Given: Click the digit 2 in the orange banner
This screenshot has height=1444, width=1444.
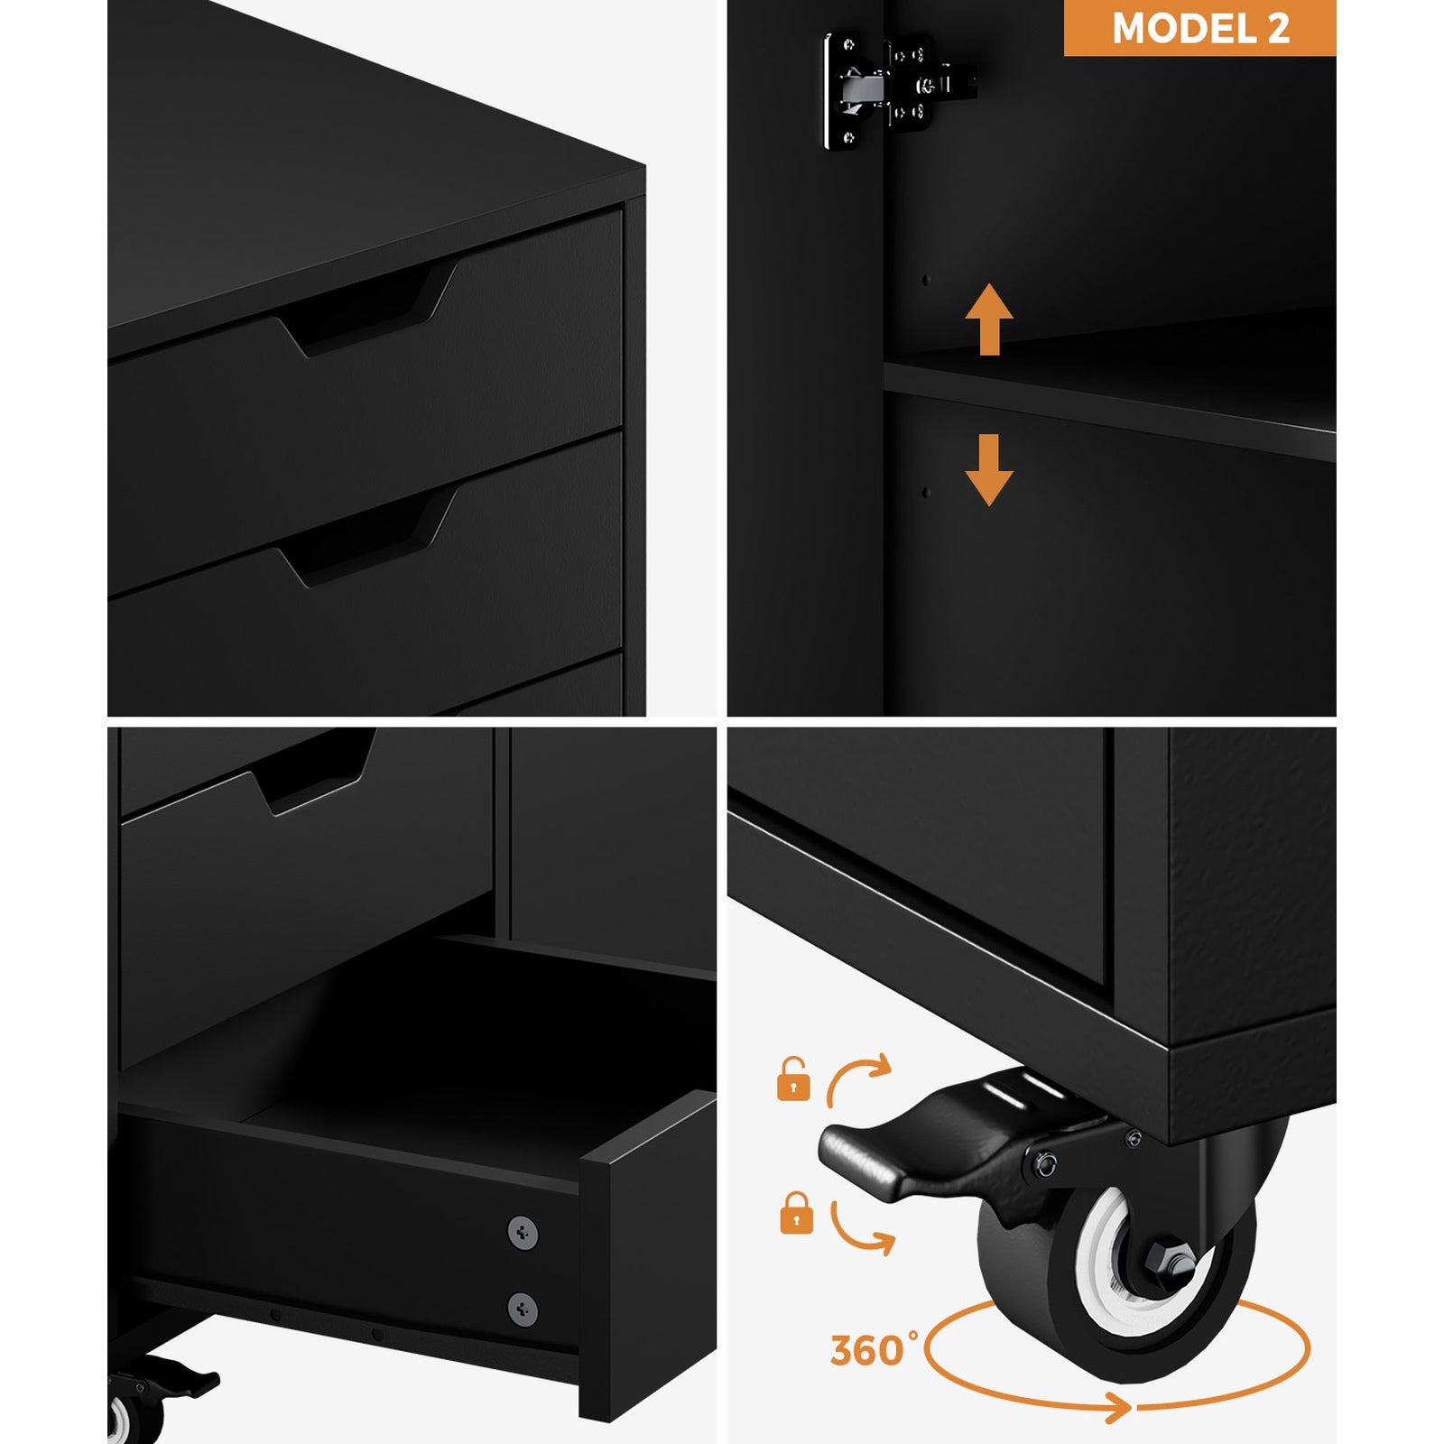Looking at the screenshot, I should (1278, 29).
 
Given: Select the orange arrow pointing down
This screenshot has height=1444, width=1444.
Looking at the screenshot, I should (988, 469).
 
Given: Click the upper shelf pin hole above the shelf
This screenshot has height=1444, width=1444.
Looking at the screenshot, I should (925, 281).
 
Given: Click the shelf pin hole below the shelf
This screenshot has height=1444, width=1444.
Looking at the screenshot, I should (925, 493).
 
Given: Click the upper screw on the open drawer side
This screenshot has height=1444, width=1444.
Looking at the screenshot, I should (523, 1233).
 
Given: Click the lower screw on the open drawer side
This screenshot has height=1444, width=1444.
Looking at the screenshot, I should (523, 1308).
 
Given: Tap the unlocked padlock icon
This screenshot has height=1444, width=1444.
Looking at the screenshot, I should (793, 1079).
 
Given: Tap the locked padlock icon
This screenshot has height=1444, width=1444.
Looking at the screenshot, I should (795, 1214).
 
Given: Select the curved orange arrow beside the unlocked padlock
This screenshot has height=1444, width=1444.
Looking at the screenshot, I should (857, 1078).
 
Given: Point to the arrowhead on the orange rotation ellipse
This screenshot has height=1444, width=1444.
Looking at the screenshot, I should (1120, 1407).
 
